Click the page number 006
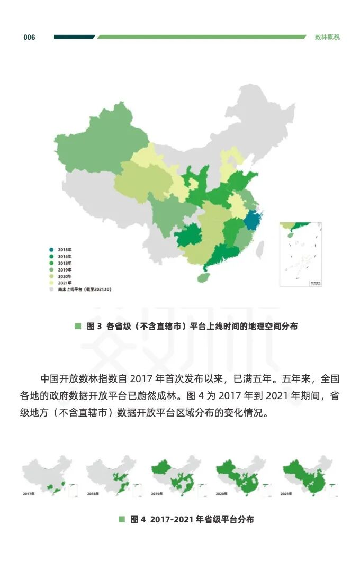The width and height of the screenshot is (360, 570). (29, 37)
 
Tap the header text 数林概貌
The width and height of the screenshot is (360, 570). (327, 37)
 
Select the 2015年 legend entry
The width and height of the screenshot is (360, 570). (62, 250)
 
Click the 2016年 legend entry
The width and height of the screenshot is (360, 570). (62, 257)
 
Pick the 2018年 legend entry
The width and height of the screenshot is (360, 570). (62, 263)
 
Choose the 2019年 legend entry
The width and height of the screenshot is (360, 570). (62, 270)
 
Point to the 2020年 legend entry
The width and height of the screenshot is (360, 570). (62, 276)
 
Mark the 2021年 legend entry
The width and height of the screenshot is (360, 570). (62, 283)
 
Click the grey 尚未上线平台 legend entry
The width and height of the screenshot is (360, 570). (79, 289)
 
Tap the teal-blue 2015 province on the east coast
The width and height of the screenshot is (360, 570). (254, 220)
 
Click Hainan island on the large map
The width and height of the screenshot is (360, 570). (202, 277)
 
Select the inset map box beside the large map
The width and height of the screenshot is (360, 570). (301, 254)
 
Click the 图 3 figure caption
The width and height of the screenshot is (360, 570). (192, 327)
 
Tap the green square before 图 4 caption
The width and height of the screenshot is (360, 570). (122, 520)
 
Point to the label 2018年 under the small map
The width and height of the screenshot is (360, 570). (93, 493)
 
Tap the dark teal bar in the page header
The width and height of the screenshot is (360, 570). (74, 37)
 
